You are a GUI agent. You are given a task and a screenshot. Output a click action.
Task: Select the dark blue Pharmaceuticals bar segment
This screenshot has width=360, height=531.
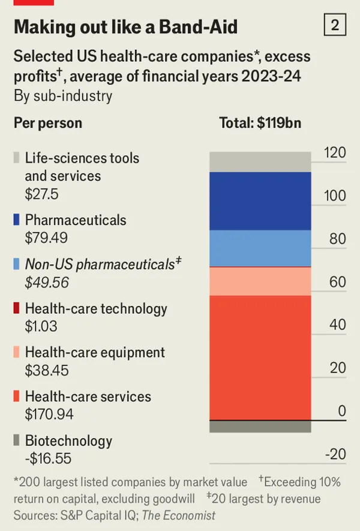[x=260, y=201]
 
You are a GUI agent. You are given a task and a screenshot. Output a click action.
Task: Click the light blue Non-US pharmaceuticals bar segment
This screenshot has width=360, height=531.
[x=260, y=248]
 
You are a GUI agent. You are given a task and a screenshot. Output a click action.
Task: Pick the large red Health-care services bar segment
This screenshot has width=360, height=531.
[x=260, y=357]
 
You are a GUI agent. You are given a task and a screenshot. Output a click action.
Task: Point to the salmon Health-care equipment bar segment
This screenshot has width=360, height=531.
[x=260, y=281]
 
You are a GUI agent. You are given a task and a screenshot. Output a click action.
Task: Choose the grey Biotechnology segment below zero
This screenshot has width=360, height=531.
[x=260, y=427]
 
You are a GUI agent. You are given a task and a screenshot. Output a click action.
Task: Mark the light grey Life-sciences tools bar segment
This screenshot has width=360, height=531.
[x=260, y=162]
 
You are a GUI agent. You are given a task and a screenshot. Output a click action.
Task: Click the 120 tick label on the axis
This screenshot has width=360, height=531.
[x=335, y=152]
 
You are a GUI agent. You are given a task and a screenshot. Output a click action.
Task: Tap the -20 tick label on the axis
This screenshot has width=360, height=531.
[x=335, y=454]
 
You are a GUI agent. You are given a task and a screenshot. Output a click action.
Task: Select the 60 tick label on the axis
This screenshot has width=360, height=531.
[x=338, y=282]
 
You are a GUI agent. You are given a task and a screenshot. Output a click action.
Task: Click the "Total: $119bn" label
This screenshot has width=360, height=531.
[x=260, y=123]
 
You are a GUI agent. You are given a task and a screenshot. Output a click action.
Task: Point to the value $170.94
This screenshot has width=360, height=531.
[x=49, y=414]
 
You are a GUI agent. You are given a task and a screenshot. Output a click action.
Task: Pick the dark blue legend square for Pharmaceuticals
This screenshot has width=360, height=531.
[x=17, y=220]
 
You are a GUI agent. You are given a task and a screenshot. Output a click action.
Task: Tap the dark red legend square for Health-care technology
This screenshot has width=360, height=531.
[x=17, y=309]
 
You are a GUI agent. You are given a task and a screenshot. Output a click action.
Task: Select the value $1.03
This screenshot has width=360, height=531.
[x=41, y=326]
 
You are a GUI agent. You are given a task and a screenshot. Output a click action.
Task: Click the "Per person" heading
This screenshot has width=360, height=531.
[x=48, y=123]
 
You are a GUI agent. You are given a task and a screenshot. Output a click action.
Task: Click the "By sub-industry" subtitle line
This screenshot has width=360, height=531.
[x=63, y=96]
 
